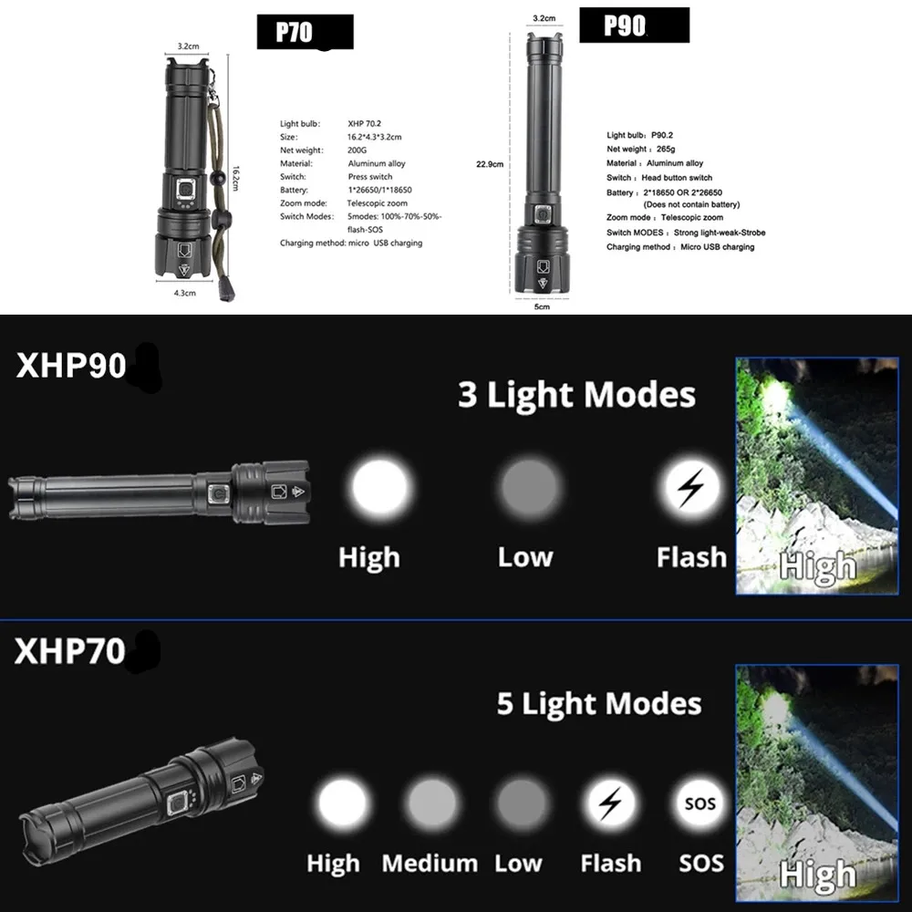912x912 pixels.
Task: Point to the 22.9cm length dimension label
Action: point(490,164)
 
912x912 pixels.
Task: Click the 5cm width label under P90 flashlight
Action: point(543,307)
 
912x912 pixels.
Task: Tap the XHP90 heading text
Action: point(70,365)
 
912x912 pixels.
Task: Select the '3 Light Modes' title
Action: point(576,396)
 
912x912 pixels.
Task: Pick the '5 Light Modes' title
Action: point(599,704)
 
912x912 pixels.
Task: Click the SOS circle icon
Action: point(700,804)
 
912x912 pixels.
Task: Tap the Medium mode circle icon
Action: point(430,804)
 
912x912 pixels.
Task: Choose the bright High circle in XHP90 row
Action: point(381,486)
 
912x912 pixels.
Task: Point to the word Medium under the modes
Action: point(430,863)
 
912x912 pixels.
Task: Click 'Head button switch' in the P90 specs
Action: point(676,178)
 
